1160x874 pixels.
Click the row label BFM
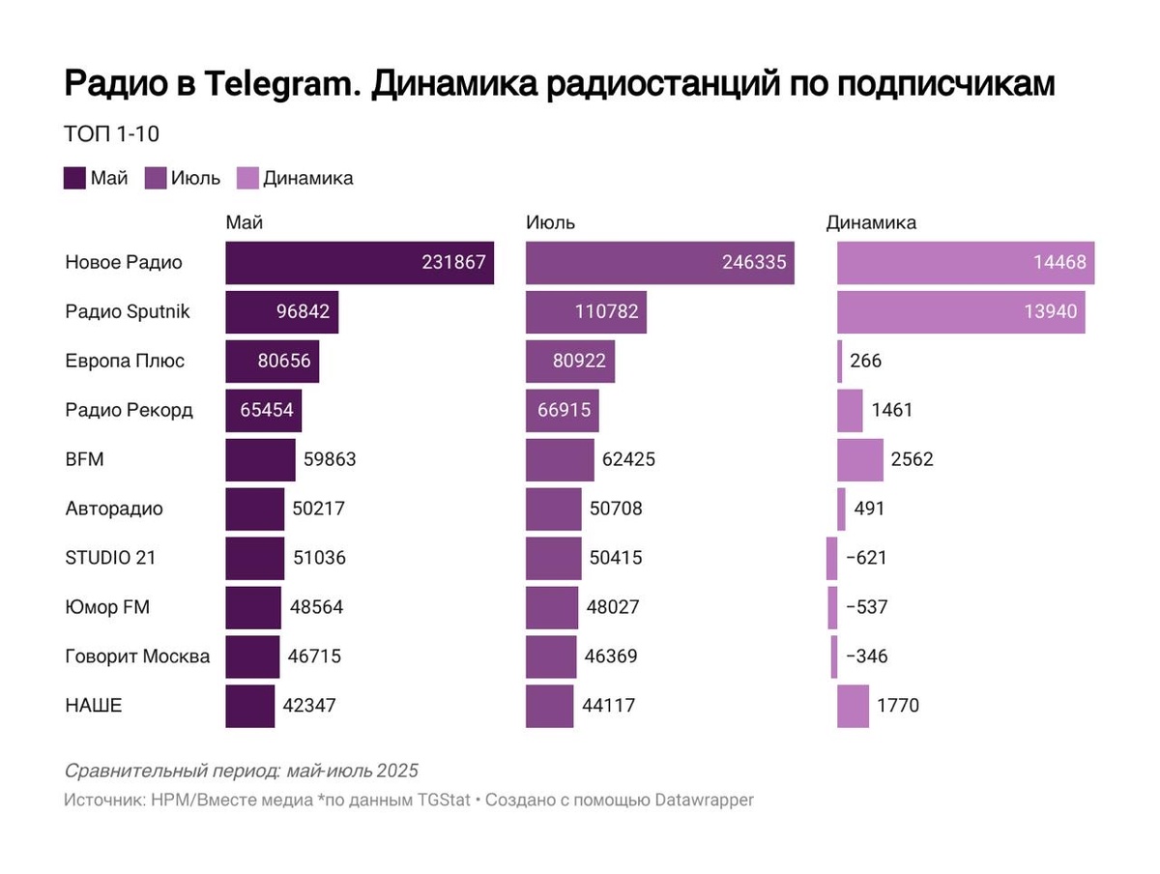pyautogui.click(x=84, y=459)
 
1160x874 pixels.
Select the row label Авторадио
pyautogui.click(x=114, y=509)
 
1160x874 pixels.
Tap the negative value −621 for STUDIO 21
pyautogui.click(x=865, y=558)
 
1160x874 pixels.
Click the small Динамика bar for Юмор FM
pyautogui.click(x=832, y=607)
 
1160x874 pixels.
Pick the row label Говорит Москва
pyautogui.click(x=137, y=656)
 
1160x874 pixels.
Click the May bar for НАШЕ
pyautogui.click(x=250, y=706)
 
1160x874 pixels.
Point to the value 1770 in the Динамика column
pyautogui.click(x=898, y=706)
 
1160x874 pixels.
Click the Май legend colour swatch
pyautogui.click(x=74, y=178)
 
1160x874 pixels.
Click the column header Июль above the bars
pyautogui.click(x=550, y=222)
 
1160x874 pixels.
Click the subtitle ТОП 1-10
pyautogui.click(x=110, y=134)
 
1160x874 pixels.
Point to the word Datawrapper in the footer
pyautogui.click(x=704, y=800)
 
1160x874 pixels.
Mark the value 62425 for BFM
pyautogui.click(x=627, y=459)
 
